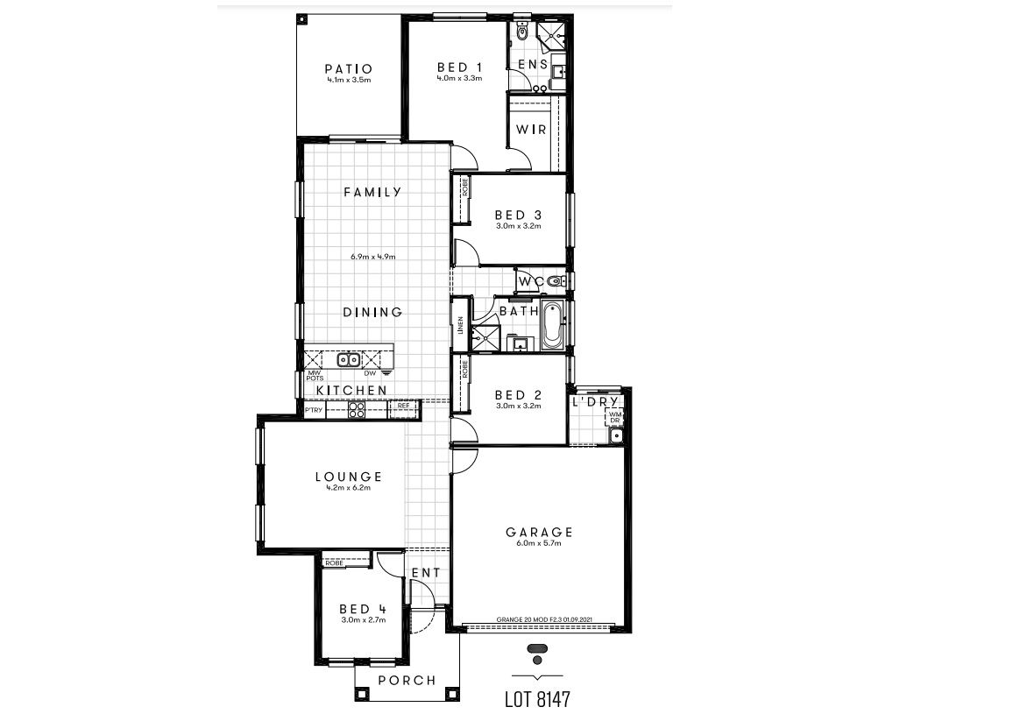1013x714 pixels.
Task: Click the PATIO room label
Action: pyautogui.click(x=349, y=68)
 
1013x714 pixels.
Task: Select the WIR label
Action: pyautogui.click(x=531, y=130)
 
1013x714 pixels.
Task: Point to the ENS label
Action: pyautogui.click(x=533, y=65)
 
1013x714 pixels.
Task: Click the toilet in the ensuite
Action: pyautogui.click(x=522, y=32)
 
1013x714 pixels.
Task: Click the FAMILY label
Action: pyautogui.click(x=372, y=192)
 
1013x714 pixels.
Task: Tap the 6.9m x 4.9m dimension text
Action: pyautogui.click(x=372, y=257)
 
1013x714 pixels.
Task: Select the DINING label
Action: pyautogui.click(x=372, y=312)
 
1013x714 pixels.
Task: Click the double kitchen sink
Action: pyautogui.click(x=349, y=359)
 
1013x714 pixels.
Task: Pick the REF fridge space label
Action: pyautogui.click(x=403, y=406)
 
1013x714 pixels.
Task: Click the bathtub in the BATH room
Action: pyautogui.click(x=552, y=325)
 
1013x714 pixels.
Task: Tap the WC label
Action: pyautogui.click(x=530, y=281)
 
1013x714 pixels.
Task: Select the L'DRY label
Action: pyautogui.click(x=596, y=402)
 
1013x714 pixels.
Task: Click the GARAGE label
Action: pyautogui.click(x=539, y=532)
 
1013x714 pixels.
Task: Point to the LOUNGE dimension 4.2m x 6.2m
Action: pyautogui.click(x=349, y=488)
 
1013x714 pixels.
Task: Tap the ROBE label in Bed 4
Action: pyautogui.click(x=334, y=562)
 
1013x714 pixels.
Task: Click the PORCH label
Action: pyautogui.click(x=406, y=681)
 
